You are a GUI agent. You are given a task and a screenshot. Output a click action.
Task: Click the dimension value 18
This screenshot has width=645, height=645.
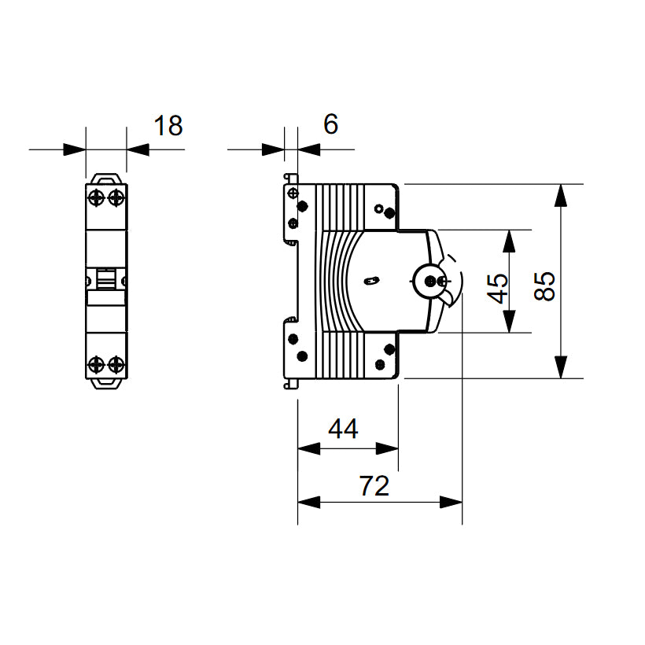168,126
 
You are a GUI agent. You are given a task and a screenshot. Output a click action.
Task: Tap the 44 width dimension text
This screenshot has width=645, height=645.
343,429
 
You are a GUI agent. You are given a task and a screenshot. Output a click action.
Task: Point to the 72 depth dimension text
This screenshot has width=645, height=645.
374,487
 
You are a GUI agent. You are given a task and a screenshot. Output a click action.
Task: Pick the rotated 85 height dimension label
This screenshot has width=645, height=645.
544,286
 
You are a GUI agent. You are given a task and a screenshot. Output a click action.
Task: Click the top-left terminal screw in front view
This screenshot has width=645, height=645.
97,197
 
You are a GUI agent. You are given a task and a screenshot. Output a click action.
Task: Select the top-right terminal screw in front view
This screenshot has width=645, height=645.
116,197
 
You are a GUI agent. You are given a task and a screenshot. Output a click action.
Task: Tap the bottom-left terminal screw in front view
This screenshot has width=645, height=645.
97,363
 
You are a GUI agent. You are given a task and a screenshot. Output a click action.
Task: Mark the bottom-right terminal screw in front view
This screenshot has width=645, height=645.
116,363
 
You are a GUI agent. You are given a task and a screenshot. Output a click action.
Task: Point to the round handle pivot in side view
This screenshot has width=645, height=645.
429,279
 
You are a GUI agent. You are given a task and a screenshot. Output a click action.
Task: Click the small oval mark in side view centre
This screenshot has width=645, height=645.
372,279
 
